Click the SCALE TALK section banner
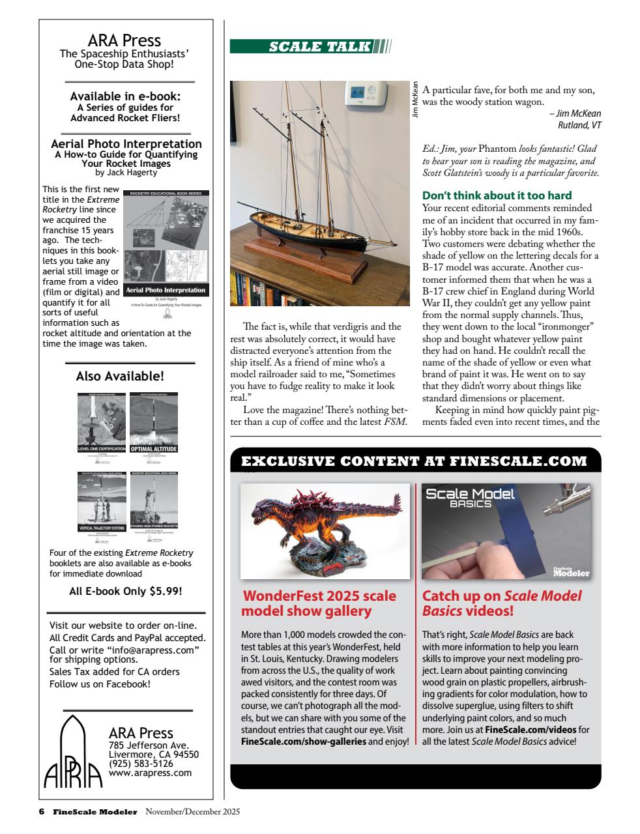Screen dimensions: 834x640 point(310,46)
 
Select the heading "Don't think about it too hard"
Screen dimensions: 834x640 point(497,195)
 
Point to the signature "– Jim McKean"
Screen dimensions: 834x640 point(575,113)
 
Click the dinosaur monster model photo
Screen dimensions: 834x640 point(325,530)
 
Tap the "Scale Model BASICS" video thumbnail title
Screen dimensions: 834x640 point(470,498)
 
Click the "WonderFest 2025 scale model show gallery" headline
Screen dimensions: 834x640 point(319,603)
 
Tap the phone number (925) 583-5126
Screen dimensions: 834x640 point(141,764)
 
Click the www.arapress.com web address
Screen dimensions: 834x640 point(150,773)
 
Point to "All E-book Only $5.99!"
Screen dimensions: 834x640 point(125,592)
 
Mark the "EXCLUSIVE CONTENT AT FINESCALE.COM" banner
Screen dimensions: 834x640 point(415,461)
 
